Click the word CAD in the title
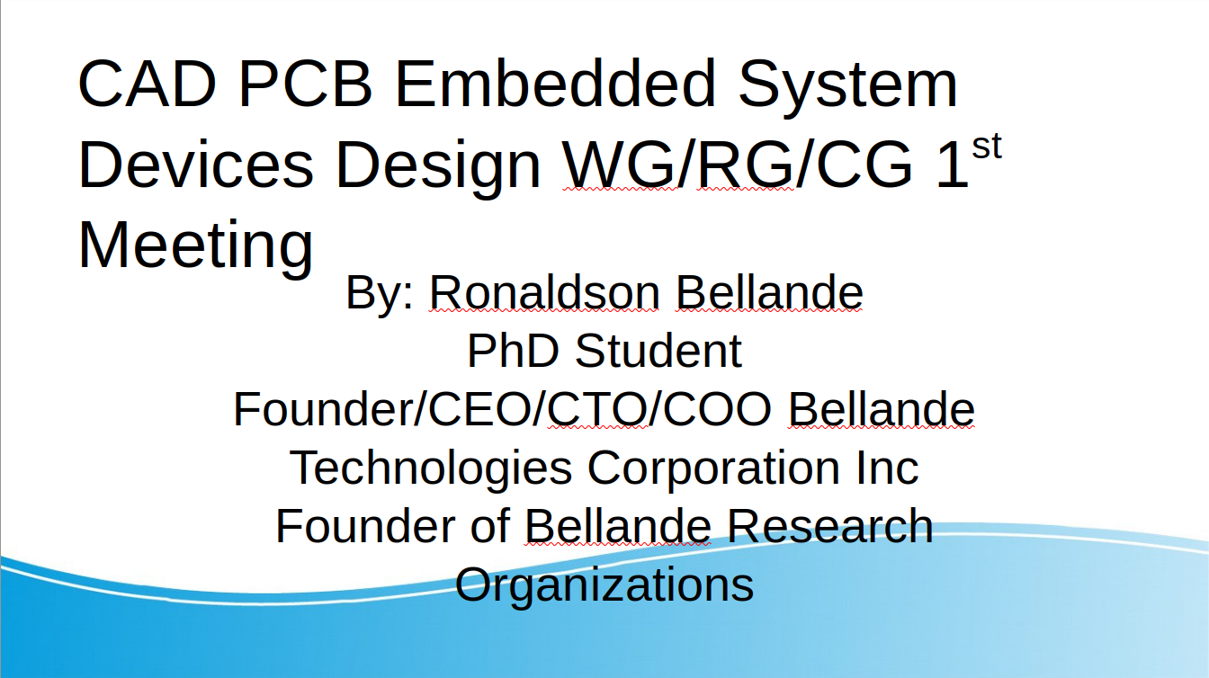click(148, 84)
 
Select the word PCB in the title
click(306, 84)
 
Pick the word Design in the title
click(438, 168)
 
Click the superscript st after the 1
click(987, 147)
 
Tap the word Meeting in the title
click(196, 248)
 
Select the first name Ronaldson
click(544, 292)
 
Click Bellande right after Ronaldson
click(770, 292)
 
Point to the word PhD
click(513, 351)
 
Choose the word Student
click(658, 351)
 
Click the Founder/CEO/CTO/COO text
click(503, 409)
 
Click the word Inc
click(887, 468)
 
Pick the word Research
click(830, 526)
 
